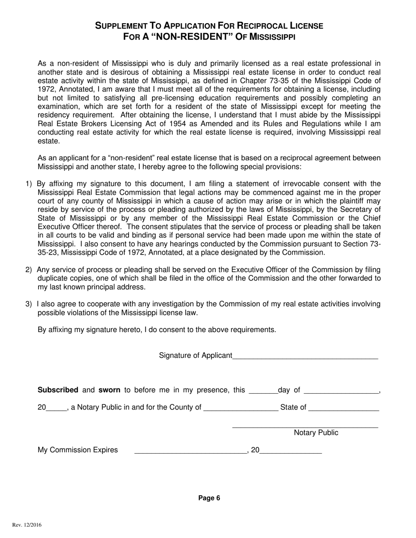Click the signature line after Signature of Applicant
(x=305, y=356)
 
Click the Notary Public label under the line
(x=316, y=433)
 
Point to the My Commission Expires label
(x=78, y=450)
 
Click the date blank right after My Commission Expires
(x=190, y=451)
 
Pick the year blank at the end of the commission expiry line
(x=290, y=451)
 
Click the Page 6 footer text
(x=209, y=498)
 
